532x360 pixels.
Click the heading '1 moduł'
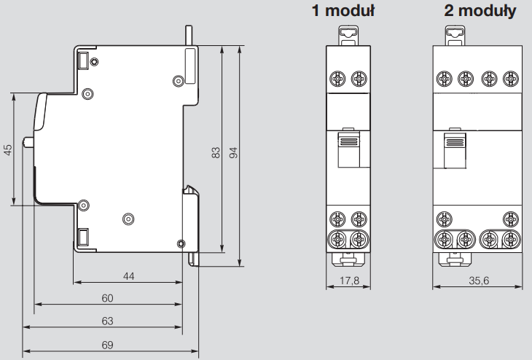pos(343,11)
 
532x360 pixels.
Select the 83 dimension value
pos(216,152)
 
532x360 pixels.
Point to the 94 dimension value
pos(233,152)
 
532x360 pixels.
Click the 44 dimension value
pos(128,276)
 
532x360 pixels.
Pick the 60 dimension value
pos(107,298)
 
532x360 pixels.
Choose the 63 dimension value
pos(107,320)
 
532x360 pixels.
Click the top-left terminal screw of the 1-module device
pos(337,78)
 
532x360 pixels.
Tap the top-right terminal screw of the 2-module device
pos(513,78)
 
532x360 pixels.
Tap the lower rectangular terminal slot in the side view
pos(83,236)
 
